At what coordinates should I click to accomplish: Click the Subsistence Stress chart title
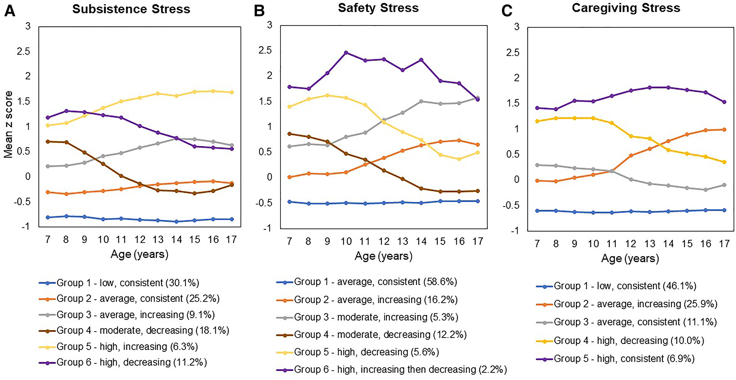coord(131,9)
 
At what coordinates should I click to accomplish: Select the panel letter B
coord(259,11)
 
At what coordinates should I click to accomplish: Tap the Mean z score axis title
coord(9,124)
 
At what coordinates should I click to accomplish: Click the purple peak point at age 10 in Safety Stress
coord(346,53)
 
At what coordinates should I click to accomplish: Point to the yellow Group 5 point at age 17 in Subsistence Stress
coord(232,92)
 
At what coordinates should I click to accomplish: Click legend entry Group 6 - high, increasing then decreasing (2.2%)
coord(400,370)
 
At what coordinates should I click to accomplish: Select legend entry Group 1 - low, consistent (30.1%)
coord(128,283)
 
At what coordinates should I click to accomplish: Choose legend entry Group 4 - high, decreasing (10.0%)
coord(628,340)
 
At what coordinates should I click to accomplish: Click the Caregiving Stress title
coord(626,8)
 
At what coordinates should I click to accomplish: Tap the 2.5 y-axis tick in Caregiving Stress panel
coord(512,52)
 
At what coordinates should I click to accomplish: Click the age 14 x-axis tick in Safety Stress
coord(421,241)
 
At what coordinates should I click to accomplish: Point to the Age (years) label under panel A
coord(139,254)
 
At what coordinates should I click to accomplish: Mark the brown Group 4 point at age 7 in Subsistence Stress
coord(48,142)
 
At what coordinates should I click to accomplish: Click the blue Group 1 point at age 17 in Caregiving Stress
coord(724,210)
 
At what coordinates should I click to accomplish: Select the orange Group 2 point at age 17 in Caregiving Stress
coord(724,130)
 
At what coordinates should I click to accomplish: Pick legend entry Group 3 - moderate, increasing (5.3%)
coord(376,317)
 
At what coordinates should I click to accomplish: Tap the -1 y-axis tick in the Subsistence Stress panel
coord(25,227)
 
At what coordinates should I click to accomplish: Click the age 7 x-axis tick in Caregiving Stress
coord(537,244)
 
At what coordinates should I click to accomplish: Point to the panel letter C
coord(507,11)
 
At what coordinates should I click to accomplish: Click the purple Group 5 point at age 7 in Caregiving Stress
coord(537,108)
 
